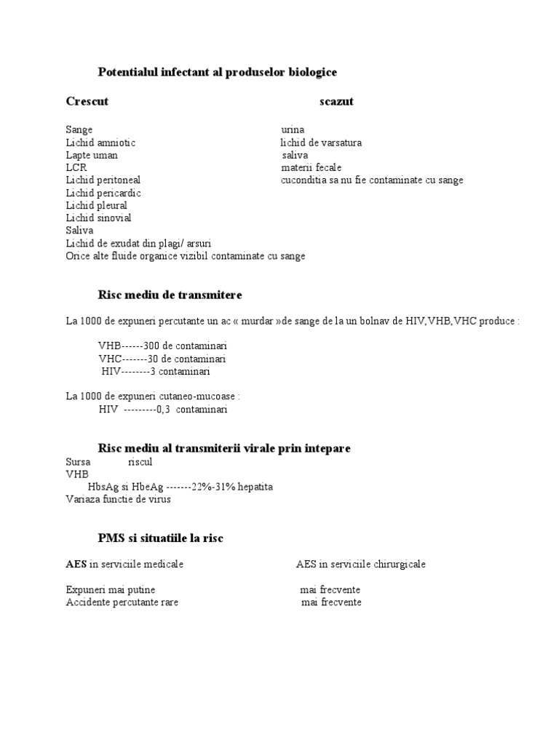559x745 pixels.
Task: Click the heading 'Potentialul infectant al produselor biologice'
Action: coord(218,72)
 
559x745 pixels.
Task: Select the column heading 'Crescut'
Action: coord(87,101)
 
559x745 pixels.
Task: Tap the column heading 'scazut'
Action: coord(336,101)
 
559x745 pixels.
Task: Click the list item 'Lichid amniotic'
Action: coord(100,143)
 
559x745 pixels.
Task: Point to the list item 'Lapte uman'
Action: coord(92,155)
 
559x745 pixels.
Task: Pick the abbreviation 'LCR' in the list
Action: coord(76,167)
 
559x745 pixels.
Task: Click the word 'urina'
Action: coord(293,130)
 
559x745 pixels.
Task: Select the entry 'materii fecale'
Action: coord(311,167)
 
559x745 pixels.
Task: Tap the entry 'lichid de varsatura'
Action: coord(321,143)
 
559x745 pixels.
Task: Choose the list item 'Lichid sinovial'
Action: coord(98,218)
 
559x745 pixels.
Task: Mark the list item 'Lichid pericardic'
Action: coord(103,193)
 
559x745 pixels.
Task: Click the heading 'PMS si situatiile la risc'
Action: coord(161,538)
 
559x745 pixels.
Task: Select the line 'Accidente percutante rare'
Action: coord(122,602)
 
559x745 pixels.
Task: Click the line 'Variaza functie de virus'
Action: coord(118,498)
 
